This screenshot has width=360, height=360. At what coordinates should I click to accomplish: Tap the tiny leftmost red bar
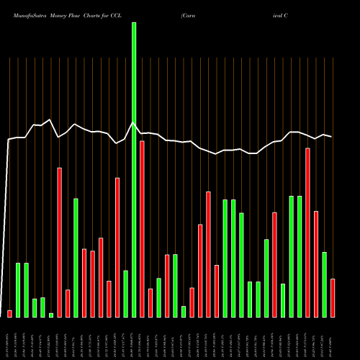9,313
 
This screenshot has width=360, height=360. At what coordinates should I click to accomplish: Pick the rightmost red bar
333,297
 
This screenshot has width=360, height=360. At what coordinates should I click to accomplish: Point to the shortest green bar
51,315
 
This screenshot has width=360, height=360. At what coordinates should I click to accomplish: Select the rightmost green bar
325,284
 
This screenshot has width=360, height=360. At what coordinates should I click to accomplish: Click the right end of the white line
332,137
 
